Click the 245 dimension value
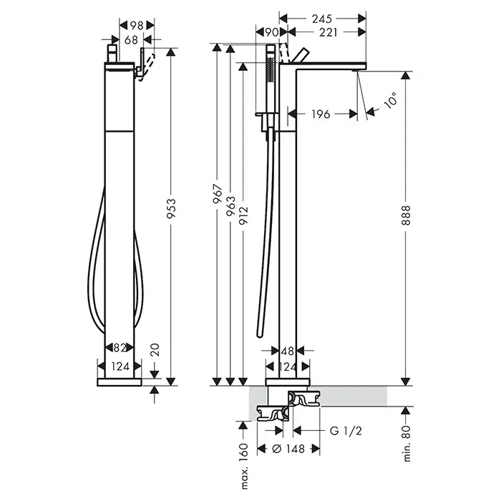coord(322,19)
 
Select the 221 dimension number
coord(328,32)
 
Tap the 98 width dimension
coord(137,25)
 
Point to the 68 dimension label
coord(131,39)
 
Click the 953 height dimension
coord(171,208)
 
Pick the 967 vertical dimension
coord(218,194)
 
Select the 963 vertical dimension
coord(230,206)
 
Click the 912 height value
coord(243,216)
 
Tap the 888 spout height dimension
coord(406,215)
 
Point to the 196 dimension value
coord(321,114)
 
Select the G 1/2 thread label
coord(346,431)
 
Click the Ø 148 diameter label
coord(288,449)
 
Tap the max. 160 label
coord(243,466)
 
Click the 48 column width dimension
coord(287,351)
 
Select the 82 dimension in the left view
coord(120,347)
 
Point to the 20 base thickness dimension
coord(155,349)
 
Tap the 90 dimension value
coord(271,32)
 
